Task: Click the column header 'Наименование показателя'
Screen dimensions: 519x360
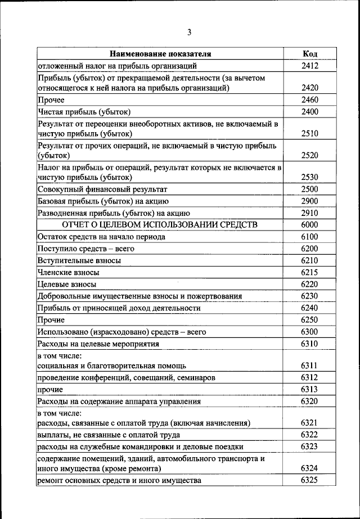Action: [x=160, y=54]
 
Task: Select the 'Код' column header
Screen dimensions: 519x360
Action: [x=309, y=54]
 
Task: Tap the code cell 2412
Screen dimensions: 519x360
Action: [x=309, y=66]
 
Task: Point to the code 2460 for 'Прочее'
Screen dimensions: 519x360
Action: [x=309, y=100]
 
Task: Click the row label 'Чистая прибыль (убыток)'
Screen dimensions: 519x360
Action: [x=84, y=112]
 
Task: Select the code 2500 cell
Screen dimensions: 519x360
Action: [x=309, y=189]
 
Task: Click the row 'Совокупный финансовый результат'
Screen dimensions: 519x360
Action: [x=102, y=189]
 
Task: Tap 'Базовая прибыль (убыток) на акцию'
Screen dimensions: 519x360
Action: [x=103, y=201]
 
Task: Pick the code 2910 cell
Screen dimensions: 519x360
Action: [x=309, y=213]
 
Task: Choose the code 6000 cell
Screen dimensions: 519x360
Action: [x=309, y=225]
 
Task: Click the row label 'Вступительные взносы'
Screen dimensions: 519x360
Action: [x=79, y=261]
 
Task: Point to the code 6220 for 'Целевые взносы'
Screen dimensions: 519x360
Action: [x=309, y=285]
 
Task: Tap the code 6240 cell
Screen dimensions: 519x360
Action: [x=309, y=308]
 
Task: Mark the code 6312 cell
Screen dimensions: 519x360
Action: [x=309, y=377]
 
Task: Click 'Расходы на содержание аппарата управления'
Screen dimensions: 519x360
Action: [x=119, y=401]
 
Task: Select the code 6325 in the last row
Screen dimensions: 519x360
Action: [x=309, y=480]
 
